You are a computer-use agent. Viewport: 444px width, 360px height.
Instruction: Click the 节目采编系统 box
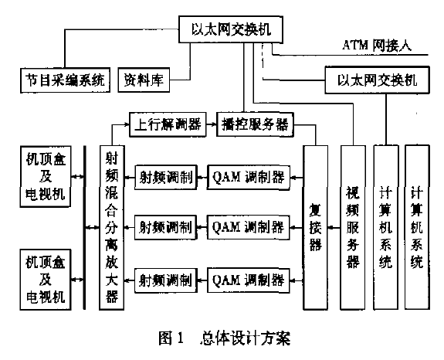coord(65,80)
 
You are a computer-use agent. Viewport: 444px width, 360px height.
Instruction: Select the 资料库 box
coord(144,80)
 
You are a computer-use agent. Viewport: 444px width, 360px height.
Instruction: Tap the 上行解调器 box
coord(168,124)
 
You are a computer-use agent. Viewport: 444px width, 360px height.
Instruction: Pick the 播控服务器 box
coord(255,124)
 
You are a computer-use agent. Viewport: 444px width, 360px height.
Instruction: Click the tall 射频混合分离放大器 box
coord(112,227)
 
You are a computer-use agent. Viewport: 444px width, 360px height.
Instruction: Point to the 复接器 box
coord(316,227)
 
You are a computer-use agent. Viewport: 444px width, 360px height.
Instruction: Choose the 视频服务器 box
coord(353,227)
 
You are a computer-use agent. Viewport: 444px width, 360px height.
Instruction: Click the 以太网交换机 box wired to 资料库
coord(231,29)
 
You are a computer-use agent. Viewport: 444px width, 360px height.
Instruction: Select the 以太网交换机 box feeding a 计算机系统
coord(377,80)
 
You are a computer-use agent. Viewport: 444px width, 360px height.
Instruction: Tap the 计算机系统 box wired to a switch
coord(386,227)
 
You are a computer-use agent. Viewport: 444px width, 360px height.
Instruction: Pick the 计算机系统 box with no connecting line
coord(417,227)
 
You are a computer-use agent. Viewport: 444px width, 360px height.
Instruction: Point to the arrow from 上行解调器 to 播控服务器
coord(212,124)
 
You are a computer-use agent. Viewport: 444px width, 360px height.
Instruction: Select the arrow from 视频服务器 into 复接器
coord(334,227)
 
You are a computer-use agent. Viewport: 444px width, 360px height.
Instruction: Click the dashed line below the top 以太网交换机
coord(263,62)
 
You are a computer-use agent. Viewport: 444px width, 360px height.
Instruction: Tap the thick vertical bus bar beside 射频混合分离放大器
coord(84,227)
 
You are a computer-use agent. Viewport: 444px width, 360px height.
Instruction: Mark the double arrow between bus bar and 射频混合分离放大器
coord(93,227)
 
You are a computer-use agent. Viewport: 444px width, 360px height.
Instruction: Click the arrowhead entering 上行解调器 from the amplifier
coord(127,124)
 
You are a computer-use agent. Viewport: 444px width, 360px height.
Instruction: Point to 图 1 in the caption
coord(171,338)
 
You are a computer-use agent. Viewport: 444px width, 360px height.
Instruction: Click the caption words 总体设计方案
coord(246,338)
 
